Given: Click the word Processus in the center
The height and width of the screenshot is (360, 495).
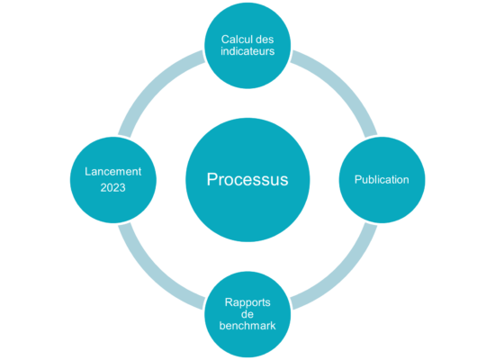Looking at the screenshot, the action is pyautogui.click(x=247, y=180).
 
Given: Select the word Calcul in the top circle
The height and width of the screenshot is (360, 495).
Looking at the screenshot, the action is pyautogui.click(x=234, y=40).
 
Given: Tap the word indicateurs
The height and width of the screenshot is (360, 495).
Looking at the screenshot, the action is pyautogui.click(x=247, y=51).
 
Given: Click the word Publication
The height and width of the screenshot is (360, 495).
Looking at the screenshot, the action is pyautogui.click(x=382, y=180).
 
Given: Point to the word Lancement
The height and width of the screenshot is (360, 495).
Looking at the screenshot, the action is pyautogui.click(x=113, y=172).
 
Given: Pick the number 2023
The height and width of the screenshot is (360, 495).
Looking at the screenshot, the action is pyautogui.click(x=113, y=188).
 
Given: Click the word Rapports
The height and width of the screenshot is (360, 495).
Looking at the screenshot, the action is pyautogui.click(x=247, y=302).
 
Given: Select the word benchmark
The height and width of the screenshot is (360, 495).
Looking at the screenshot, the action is pyautogui.click(x=247, y=326).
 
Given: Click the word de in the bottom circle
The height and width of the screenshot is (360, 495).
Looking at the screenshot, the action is pyautogui.click(x=247, y=314).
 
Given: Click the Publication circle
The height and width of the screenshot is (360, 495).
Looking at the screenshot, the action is pyautogui.click(x=382, y=202).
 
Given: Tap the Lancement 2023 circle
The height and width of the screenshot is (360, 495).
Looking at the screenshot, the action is pyautogui.click(x=113, y=205).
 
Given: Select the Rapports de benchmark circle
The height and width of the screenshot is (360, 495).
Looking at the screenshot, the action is pyautogui.click(x=247, y=343).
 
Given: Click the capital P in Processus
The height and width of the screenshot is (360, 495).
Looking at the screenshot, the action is pyautogui.click(x=212, y=179).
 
